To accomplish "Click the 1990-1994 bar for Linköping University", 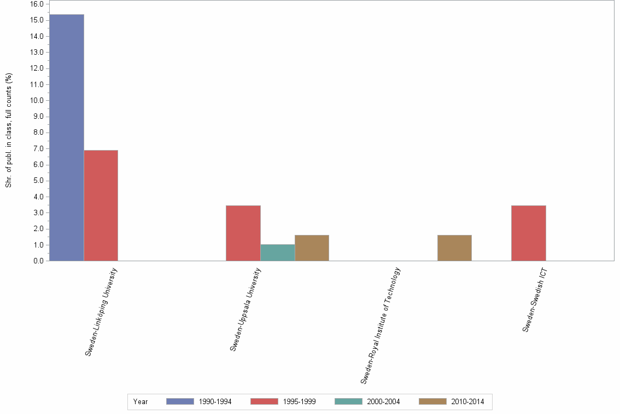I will coord(66,137).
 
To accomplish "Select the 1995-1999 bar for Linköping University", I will coord(101,205).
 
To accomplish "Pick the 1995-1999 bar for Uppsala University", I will coord(243,233).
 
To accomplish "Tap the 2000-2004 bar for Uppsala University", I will coord(277,252).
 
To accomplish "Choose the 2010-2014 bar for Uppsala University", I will coord(312,248).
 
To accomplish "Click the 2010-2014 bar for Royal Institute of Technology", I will coord(454,248).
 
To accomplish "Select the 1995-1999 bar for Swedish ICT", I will coord(528,233).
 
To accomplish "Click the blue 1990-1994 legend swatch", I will coord(180,401).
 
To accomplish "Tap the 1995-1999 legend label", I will coord(299,401).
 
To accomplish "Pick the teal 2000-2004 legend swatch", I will coord(348,401).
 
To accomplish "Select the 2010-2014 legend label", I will coord(467,401).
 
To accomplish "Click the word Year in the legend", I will coord(141,401).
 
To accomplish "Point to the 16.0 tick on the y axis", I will coord(37,4).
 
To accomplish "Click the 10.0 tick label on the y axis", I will coord(37,100).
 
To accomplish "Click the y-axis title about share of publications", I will coord(9,130).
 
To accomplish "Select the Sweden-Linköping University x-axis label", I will coord(102,312).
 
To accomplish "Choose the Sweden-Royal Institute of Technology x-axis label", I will coord(381,325).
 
